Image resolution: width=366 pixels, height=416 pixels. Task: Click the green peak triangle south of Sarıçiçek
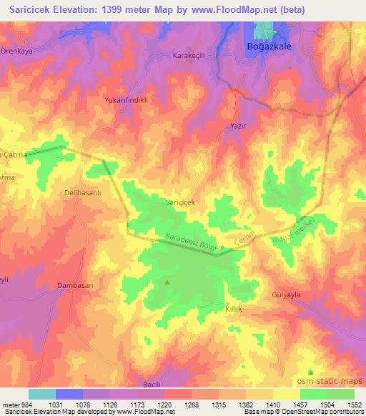(168, 282)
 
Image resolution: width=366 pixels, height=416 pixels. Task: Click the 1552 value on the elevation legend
(352, 404)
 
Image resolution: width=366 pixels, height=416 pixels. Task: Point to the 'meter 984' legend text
(16, 404)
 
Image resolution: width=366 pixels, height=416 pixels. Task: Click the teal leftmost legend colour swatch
(42, 394)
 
